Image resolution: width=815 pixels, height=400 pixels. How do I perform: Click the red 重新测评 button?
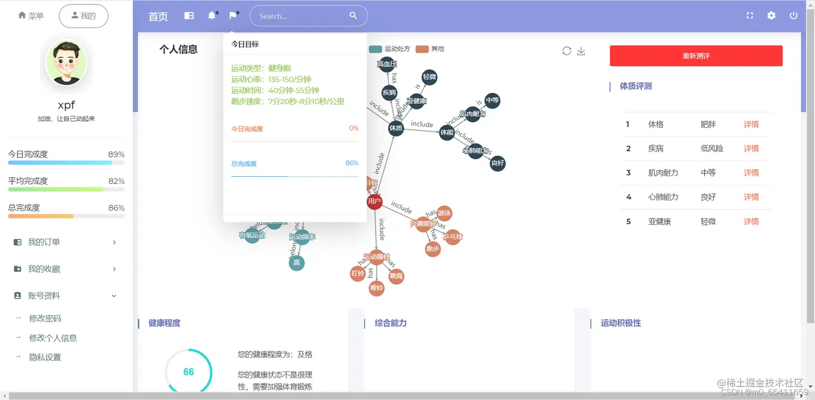(696, 56)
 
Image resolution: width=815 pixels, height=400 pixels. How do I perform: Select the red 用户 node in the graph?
(374, 202)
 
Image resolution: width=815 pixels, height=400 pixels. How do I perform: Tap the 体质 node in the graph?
(396, 128)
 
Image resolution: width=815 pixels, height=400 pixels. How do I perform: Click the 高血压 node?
(386, 64)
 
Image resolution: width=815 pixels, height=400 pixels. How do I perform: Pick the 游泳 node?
(444, 213)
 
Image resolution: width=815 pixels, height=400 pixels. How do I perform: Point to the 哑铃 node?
(376, 288)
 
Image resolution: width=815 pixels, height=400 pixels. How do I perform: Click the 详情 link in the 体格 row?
(751, 125)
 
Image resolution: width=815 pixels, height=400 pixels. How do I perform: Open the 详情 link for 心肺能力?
(751, 197)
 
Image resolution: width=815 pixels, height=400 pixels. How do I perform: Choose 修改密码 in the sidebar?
(45, 319)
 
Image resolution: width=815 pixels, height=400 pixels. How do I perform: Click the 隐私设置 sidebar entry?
(45, 357)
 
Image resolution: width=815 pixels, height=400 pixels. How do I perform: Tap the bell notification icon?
(212, 16)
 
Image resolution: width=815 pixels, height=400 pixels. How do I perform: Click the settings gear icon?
(771, 16)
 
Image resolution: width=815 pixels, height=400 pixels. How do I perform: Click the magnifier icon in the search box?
(353, 16)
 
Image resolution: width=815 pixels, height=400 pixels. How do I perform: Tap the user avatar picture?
(66, 63)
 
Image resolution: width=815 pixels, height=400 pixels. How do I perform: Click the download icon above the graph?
(581, 51)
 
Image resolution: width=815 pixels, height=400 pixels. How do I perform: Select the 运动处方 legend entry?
(390, 49)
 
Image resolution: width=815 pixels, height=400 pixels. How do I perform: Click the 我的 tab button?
(84, 16)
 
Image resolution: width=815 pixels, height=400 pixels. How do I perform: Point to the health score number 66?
(188, 372)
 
